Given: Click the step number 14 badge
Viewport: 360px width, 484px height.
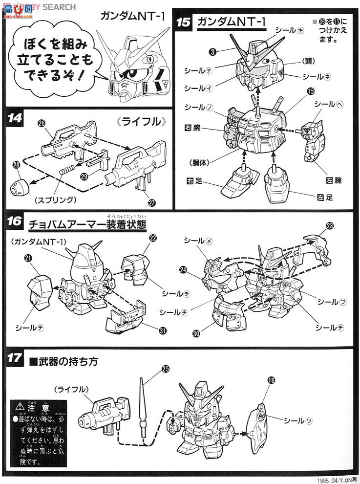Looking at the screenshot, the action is click(x=15, y=119).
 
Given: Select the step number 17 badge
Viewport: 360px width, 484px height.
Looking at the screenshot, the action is click(x=15, y=358).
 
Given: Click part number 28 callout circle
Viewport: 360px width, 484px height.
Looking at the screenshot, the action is click(x=17, y=166).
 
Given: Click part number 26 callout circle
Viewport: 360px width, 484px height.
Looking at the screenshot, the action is click(x=41, y=124).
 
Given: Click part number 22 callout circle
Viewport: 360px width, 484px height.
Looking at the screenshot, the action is click(x=153, y=238).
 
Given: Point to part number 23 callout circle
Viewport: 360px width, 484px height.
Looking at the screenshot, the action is click(x=330, y=226).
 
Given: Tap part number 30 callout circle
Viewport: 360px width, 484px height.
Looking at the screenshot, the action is click(x=196, y=333).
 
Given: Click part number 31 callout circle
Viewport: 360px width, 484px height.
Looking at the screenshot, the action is click(x=162, y=330).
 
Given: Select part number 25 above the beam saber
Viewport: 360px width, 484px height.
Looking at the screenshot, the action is click(x=165, y=369).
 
